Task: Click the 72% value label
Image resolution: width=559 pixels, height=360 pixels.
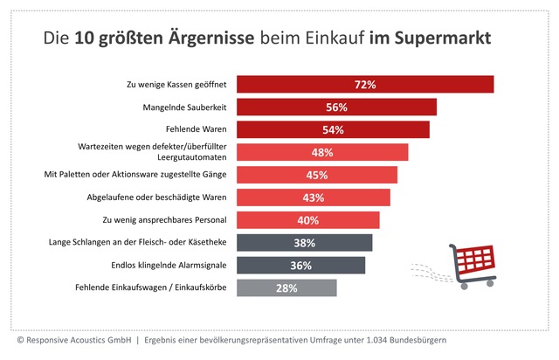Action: point(365,85)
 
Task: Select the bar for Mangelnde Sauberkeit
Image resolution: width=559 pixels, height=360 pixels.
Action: point(337,107)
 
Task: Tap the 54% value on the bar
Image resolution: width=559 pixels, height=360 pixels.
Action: point(333,130)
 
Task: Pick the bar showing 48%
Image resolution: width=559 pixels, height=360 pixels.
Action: point(322,152)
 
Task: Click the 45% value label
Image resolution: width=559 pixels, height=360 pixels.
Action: point(317,175)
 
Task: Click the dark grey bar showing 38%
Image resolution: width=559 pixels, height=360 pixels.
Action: point(305,242)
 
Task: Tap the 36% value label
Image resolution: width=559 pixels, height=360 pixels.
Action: point(301,265)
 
